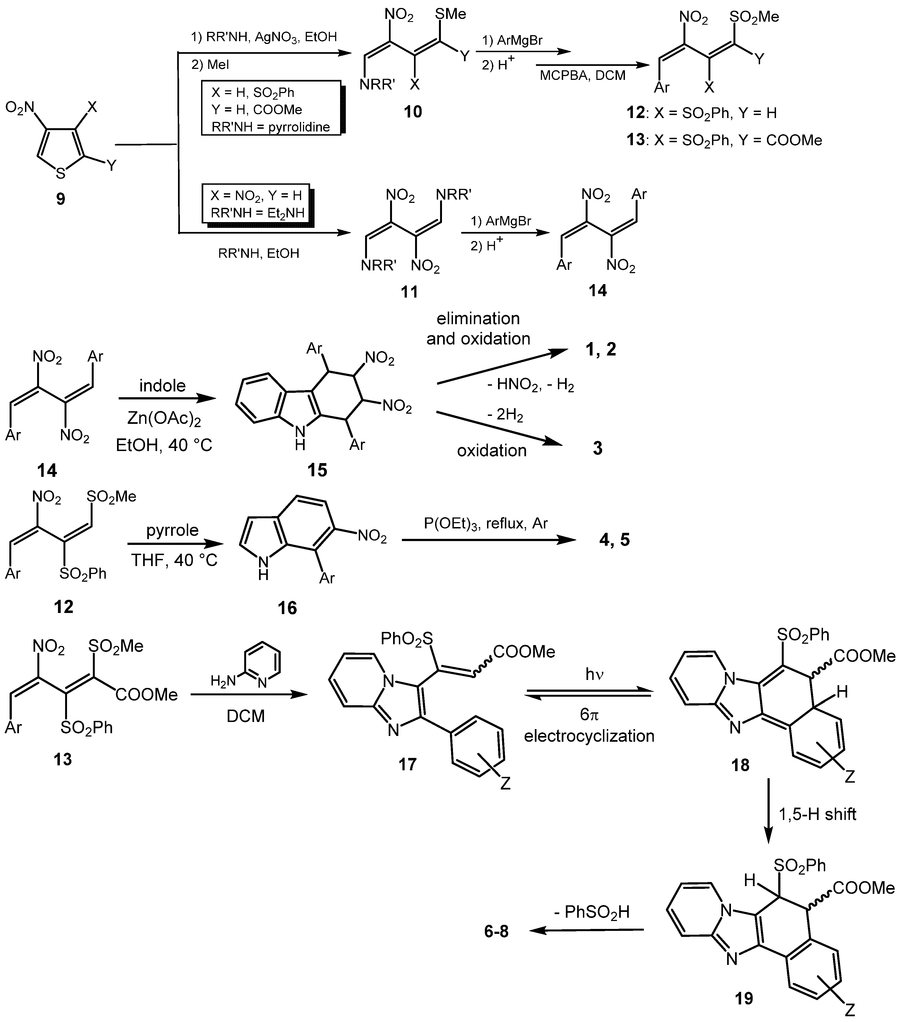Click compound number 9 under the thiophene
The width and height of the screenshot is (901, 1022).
60,199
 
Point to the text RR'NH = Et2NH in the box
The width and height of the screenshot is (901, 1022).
257,212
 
